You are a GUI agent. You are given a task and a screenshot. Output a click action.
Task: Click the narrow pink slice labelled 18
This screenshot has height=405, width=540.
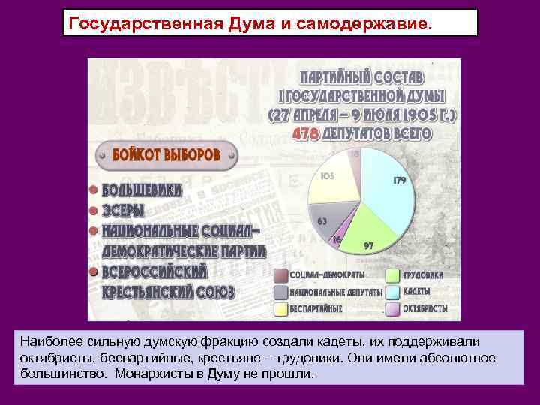(353, 156)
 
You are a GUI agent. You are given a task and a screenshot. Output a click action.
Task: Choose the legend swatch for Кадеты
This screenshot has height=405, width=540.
(392, 292)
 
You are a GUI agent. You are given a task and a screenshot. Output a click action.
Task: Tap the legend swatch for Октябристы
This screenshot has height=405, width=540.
(392, 308)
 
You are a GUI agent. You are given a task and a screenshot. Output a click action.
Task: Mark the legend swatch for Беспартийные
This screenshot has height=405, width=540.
(281, 308)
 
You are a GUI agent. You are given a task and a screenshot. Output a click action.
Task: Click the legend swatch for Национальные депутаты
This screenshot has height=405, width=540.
(281, 292)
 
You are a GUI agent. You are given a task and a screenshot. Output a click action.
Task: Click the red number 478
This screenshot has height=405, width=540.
(305, 133)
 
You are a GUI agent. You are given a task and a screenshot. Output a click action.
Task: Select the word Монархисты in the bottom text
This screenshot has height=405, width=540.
(148, 373)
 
